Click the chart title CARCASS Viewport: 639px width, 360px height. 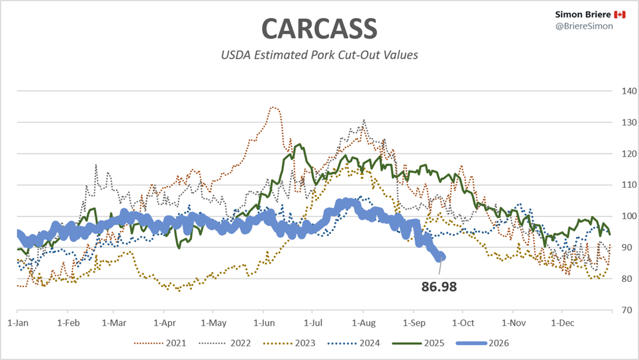coord(319,28)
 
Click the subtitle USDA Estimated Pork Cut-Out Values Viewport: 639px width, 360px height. coord(319,55)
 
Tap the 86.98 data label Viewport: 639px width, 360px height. coord(439,287)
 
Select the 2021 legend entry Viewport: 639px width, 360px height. coord(160,343)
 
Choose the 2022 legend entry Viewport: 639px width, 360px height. coord(225,343)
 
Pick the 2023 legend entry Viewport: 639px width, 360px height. coord(290,343)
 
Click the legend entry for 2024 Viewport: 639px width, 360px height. coord(354,343)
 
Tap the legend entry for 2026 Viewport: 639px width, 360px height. coord(483,343)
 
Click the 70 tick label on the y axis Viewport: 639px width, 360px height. coord(627,310)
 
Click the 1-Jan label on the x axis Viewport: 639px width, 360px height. coord(18,323)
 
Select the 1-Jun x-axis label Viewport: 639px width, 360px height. coord(264,323)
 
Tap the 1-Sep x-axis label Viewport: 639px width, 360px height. coord(414,323)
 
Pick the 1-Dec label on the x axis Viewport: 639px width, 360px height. coord(562,323)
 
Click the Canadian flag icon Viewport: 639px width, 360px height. coord(620,14)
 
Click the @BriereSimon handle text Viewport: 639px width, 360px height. coord(584,26)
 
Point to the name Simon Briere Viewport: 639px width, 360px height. coord(583,14)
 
